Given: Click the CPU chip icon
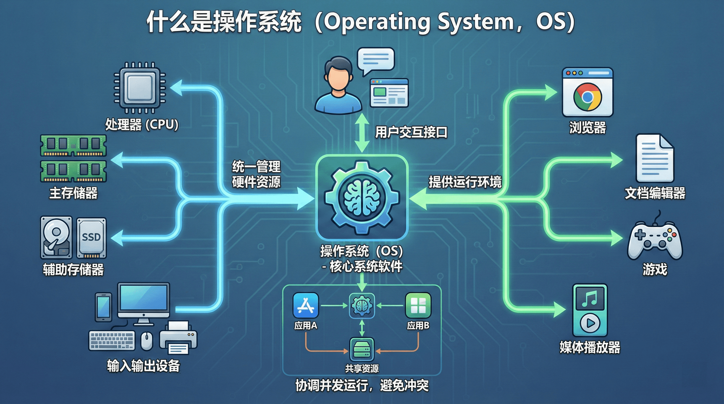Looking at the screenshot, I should (x=140, y=87).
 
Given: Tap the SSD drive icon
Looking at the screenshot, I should (x=91, y=238).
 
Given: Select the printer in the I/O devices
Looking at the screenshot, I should (x=178, y=338).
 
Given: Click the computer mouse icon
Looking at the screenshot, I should (x=147, y=341).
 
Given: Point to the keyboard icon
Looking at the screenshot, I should (x=112, y=341).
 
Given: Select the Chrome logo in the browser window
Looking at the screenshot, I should (x=587, y=97).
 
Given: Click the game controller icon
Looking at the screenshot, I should (x=655, y=240).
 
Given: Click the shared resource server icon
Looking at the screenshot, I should (x=362, y=350).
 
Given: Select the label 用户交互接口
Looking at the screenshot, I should (x=411, y=132).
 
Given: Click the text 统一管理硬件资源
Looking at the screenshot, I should (x=256, y=174).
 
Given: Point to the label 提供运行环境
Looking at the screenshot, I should (x=465, y=182).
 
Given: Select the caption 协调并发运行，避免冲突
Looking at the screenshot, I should (x=362, y=386).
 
